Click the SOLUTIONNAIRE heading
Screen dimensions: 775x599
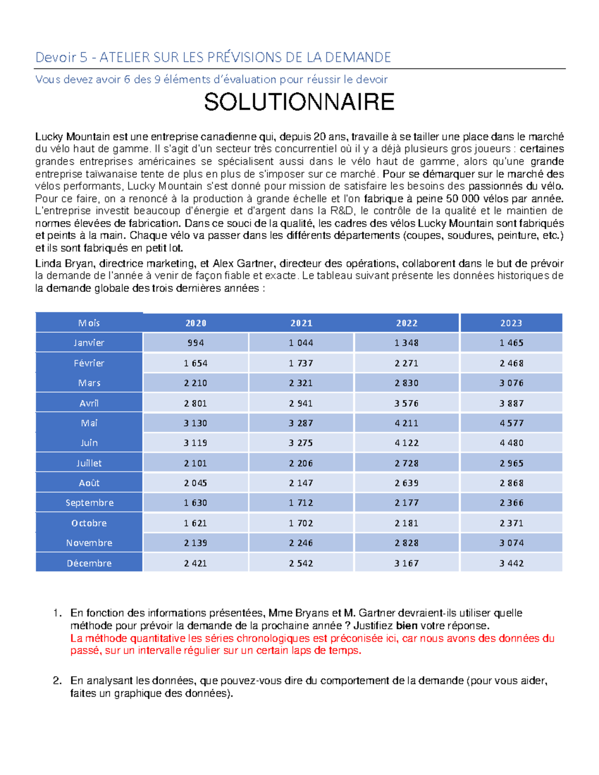tap(299, 102)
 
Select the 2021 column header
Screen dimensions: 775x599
tap(301, 323)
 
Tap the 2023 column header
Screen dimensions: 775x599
tap(511, 323)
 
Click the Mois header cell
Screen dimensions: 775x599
tap(89, 323)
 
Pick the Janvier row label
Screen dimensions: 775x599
tap(89, 343)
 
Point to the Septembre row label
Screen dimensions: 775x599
tap(89, 503)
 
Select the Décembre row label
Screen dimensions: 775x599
tap(89, 563)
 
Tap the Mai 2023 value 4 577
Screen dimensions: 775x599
tap(511, 423)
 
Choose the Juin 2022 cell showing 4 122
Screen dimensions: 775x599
tap(406, 443)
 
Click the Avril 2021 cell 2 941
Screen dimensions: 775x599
tap(301, 403)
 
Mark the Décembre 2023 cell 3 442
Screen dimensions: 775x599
tap(511, 563)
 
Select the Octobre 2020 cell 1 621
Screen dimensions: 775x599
tap(196, 523)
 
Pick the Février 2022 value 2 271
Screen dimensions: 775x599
tap(406, 363)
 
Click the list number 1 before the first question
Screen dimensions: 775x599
tap(57, 613)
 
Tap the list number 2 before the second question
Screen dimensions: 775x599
tap(57, 681)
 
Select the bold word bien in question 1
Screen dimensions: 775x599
tap(407, 626)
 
